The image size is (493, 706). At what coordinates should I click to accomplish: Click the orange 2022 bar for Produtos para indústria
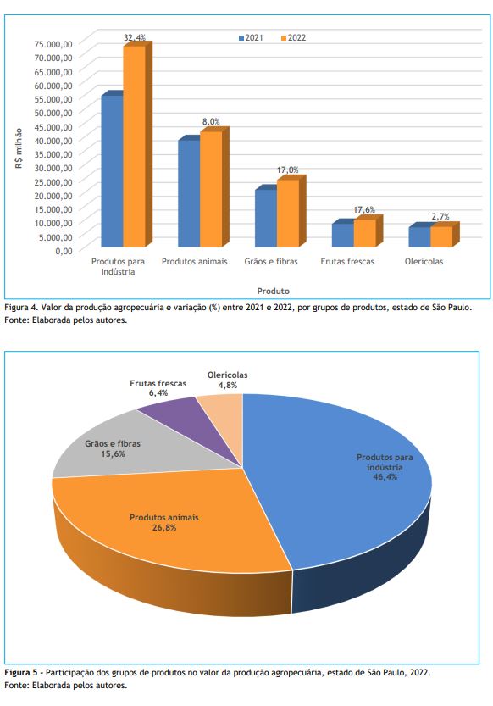135,147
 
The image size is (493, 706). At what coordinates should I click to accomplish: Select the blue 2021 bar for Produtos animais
189,193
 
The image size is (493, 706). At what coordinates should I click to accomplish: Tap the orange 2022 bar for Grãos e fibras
288,214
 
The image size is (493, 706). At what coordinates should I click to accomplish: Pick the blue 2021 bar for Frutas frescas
343,235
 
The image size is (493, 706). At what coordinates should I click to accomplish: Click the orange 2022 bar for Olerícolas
441,236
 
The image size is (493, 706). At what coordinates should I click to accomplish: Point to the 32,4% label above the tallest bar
135,38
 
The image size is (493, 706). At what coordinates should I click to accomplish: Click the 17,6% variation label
364,210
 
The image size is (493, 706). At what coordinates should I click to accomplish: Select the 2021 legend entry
251,38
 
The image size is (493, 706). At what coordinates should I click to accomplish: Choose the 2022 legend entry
293,38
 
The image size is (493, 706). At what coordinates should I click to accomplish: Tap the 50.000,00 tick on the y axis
53,113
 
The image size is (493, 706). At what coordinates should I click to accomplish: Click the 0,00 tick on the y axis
64,251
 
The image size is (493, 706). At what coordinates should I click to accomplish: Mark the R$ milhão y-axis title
19,148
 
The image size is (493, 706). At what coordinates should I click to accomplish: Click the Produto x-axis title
273,291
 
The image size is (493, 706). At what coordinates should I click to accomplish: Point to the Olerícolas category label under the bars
424,262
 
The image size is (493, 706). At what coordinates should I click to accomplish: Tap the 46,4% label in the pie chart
385,477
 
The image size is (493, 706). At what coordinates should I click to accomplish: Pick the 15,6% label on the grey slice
113,454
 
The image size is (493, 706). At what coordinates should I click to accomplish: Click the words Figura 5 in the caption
21,673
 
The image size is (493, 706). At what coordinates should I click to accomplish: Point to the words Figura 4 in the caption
20,308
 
